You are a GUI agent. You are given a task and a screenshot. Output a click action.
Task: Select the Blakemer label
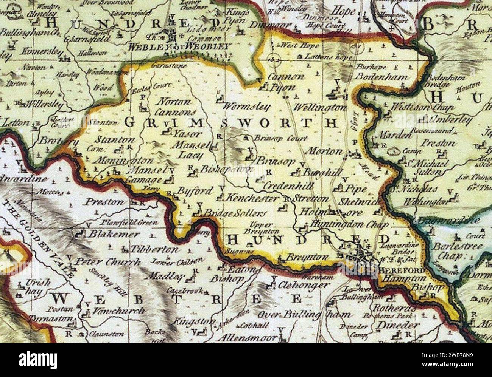pyautogui.click(x=114, y=234)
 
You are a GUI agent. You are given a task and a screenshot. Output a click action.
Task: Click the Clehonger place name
pyautogui.click(x=303, y=285)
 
